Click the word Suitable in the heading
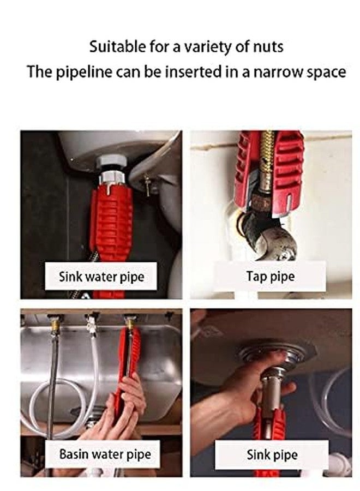coord(117,47)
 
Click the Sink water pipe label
coord(101,277)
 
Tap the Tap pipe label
coord(271,277)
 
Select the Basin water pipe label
coord(105,454)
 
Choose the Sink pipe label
coord(272,454)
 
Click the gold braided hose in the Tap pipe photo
coord(267,157)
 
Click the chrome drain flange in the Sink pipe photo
coord(271,357)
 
